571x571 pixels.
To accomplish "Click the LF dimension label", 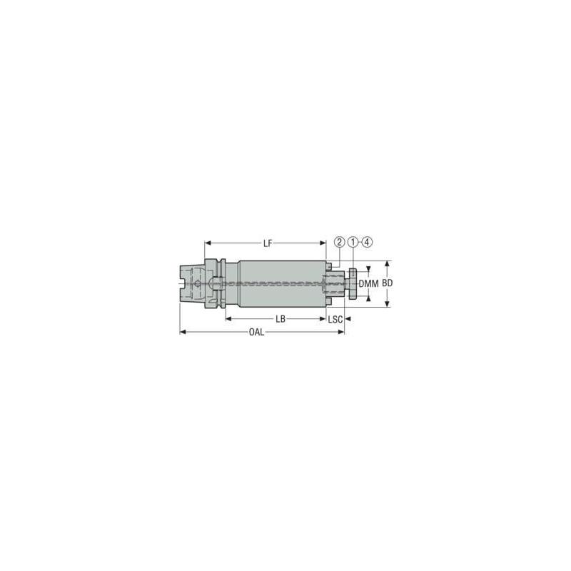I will click(268, 243).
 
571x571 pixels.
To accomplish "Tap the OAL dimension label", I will click(258, 333).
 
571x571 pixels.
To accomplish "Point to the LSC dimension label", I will click(335, 319).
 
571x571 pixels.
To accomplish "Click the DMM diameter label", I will click(368, 284).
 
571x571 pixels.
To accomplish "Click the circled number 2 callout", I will click(340, 242).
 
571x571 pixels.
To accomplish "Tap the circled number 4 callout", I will click(367, 242).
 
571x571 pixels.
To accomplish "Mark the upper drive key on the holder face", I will click(330, 266).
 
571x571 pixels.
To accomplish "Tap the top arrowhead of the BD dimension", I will click(388, 263).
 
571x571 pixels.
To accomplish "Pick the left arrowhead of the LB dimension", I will click(228, 319).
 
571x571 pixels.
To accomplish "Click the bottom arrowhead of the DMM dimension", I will click(368, 299).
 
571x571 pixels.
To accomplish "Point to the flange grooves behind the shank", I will click(223, 284).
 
